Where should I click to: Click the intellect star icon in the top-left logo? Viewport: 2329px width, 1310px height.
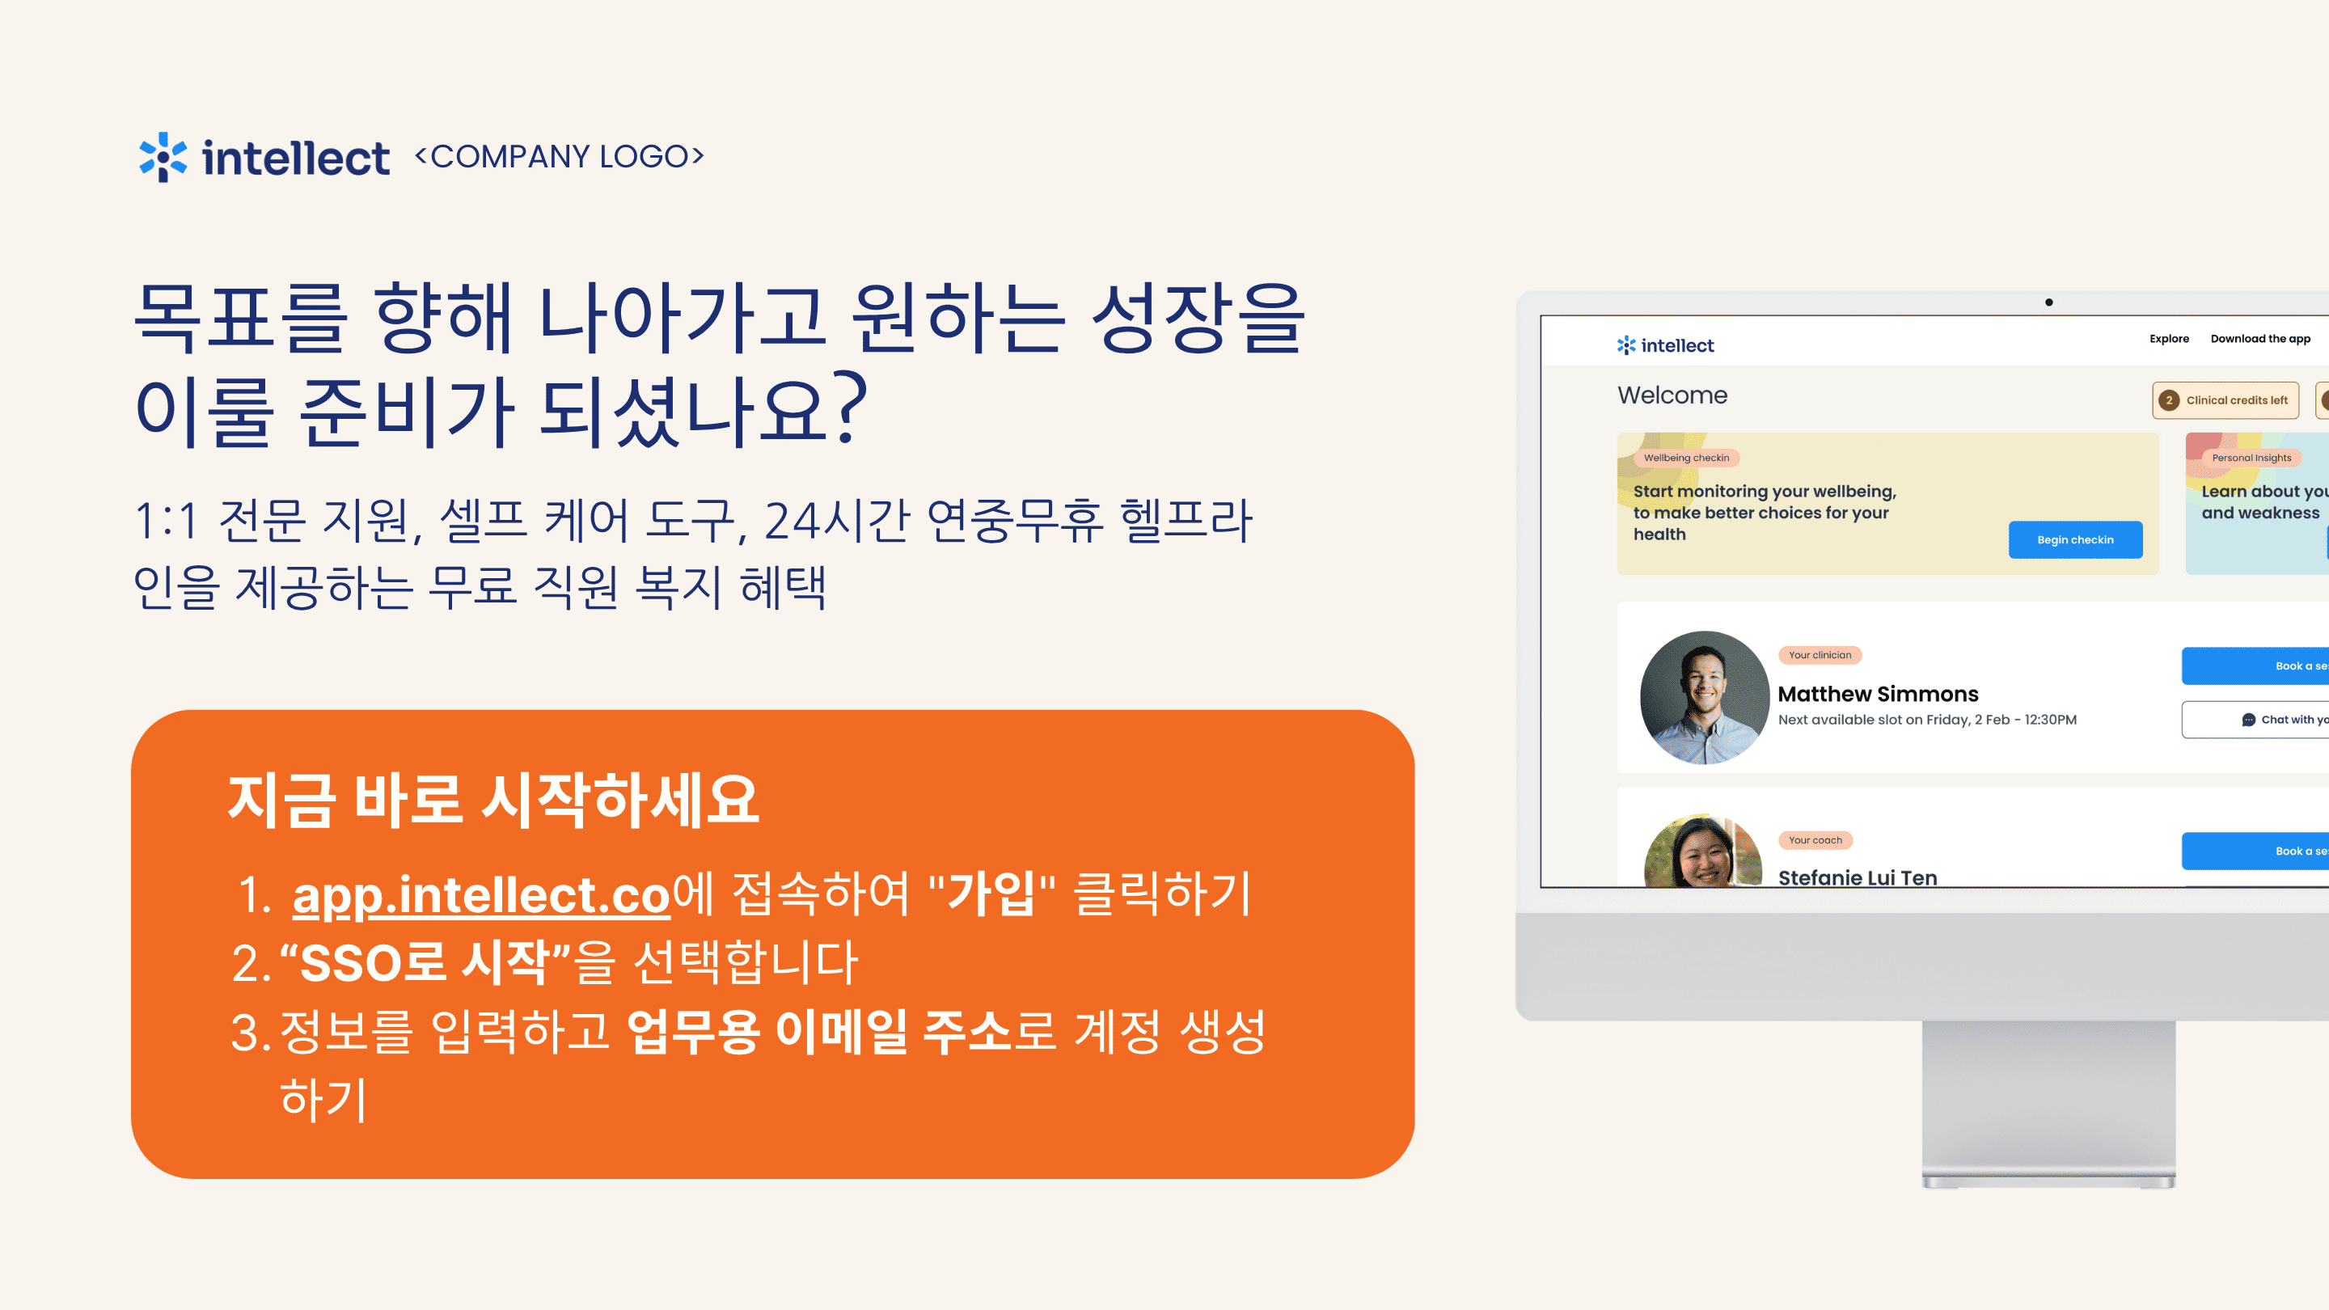coord(163,158)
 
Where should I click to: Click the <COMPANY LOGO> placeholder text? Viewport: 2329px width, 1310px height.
coord(559,156)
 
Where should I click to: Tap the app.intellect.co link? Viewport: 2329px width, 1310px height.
coord(481,896)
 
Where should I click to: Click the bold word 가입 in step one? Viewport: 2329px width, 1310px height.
coord(991,894)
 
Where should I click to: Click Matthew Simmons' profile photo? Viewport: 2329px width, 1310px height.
coord(1704,697)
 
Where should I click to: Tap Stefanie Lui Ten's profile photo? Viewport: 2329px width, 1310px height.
coord(1703,851)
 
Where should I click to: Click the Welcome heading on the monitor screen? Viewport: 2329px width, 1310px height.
coord(1672,395)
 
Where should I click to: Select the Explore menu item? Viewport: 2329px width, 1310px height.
coord(2169,339)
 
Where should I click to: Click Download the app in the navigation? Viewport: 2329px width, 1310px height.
coord(2260,339)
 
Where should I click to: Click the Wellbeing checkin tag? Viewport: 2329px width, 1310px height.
coord(1686,458)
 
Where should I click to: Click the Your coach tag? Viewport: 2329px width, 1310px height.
coord(1815,840)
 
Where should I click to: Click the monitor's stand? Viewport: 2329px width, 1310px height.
coord(2048,1103)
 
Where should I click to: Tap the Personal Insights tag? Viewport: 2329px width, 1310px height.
coord(2251,458)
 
